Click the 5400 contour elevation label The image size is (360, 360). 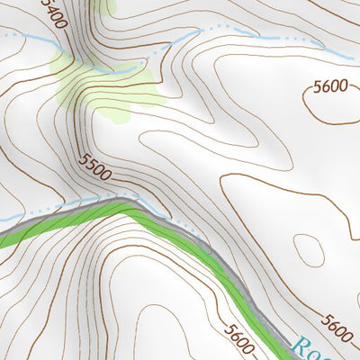point(53,13)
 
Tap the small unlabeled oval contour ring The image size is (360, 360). point(309,249)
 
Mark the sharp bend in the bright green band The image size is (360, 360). point(130,209)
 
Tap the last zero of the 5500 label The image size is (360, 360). point(108,174)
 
